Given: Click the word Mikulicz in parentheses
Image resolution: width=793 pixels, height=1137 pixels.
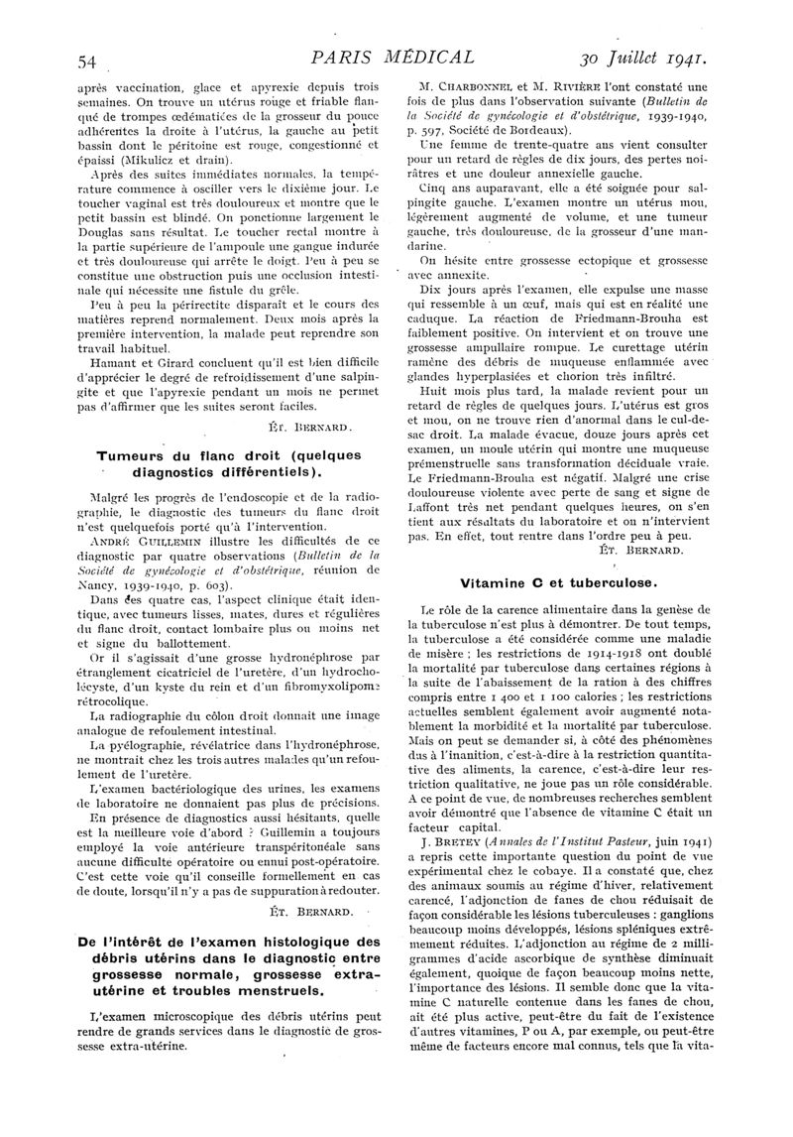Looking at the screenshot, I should click(204, 159).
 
